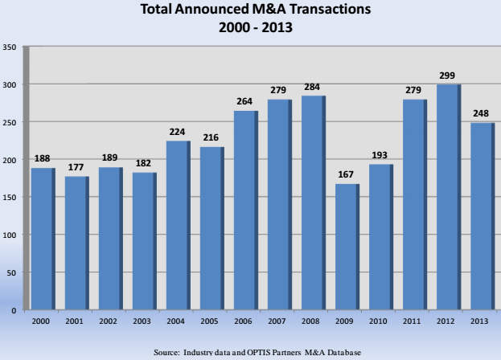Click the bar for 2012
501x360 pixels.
pyautogui.click(x=447, y=197)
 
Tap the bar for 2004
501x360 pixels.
pyautogui.click(x=177, y=225)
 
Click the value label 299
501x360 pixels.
pyautogui.click(x=447, y=76)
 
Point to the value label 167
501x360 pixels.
pyautogui.click(x=346, y=175)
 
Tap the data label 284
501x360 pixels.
pyautogui.click(x=312, y=87)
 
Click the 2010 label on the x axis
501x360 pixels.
pyautogui.click(x=380, y=321)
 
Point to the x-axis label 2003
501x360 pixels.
pyautogui.click(x=143, y=321)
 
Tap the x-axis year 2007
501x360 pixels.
pyautogui.click(x=278, y=321)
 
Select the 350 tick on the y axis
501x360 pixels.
pyautogui.click(x=10, y=47)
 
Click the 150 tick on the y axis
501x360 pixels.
pyautogui.click(x=10, y=198)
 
